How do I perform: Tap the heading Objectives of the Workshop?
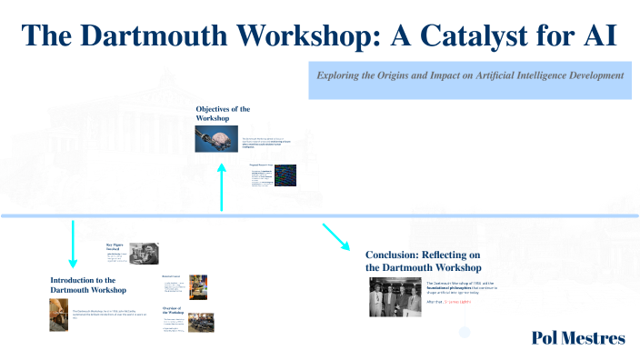(223, 114)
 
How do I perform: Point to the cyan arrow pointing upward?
(222, 185)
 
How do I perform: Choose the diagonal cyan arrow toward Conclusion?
(335, 236)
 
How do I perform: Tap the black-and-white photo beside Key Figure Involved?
(144, 253)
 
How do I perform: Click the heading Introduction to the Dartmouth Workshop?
(87, 285)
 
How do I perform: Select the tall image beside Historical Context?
(197, 287)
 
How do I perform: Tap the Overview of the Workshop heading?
(175, 312)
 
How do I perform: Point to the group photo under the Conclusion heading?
(395, 297)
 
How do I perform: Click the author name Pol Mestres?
(578, 338)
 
